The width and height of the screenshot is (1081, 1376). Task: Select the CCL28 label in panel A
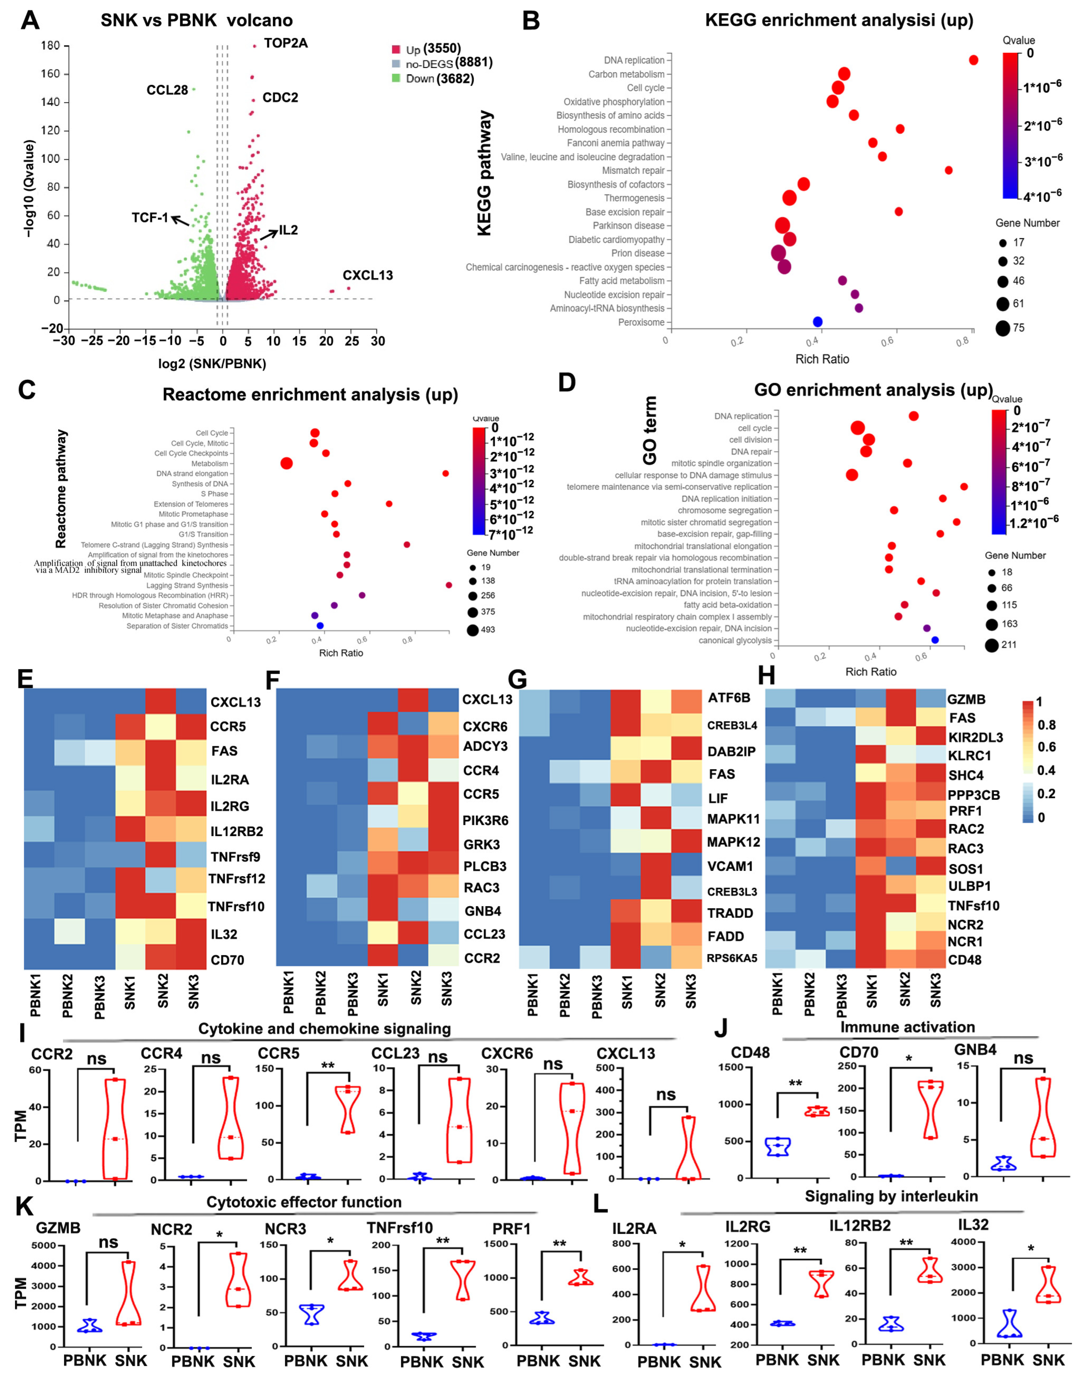click(x=167, y=90)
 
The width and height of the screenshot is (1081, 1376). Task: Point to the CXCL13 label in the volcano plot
click(x=368, y=275)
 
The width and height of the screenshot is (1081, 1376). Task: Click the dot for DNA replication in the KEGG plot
click(x=973, y=60)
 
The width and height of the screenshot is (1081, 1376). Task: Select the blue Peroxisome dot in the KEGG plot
click(x=817, y=322)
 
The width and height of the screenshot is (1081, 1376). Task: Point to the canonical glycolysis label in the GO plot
click(x=735, y=640)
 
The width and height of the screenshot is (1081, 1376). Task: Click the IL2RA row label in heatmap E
click(x=230, y=779)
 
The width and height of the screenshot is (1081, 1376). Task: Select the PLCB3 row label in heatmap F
click(x=485, y=866)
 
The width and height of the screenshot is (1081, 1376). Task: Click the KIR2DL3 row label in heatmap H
click(x=975, y=737)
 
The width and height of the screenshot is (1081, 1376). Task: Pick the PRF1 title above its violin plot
click(x=511, y=1229)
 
